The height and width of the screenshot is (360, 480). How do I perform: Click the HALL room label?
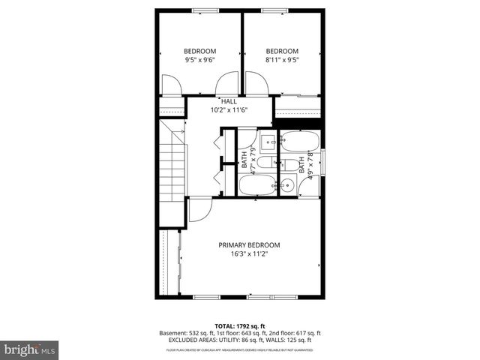point(229,100)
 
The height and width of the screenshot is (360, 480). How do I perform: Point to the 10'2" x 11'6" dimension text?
point(229,109)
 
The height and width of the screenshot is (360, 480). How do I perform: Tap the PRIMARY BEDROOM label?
point(249,245)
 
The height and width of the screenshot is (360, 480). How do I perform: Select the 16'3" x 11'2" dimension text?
point(249,254)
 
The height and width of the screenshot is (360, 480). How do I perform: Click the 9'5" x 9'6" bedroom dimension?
point(199,60)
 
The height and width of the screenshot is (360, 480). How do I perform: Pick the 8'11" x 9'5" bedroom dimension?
point(282,60)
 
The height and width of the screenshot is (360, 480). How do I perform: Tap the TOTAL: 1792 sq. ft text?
point(240,325)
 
